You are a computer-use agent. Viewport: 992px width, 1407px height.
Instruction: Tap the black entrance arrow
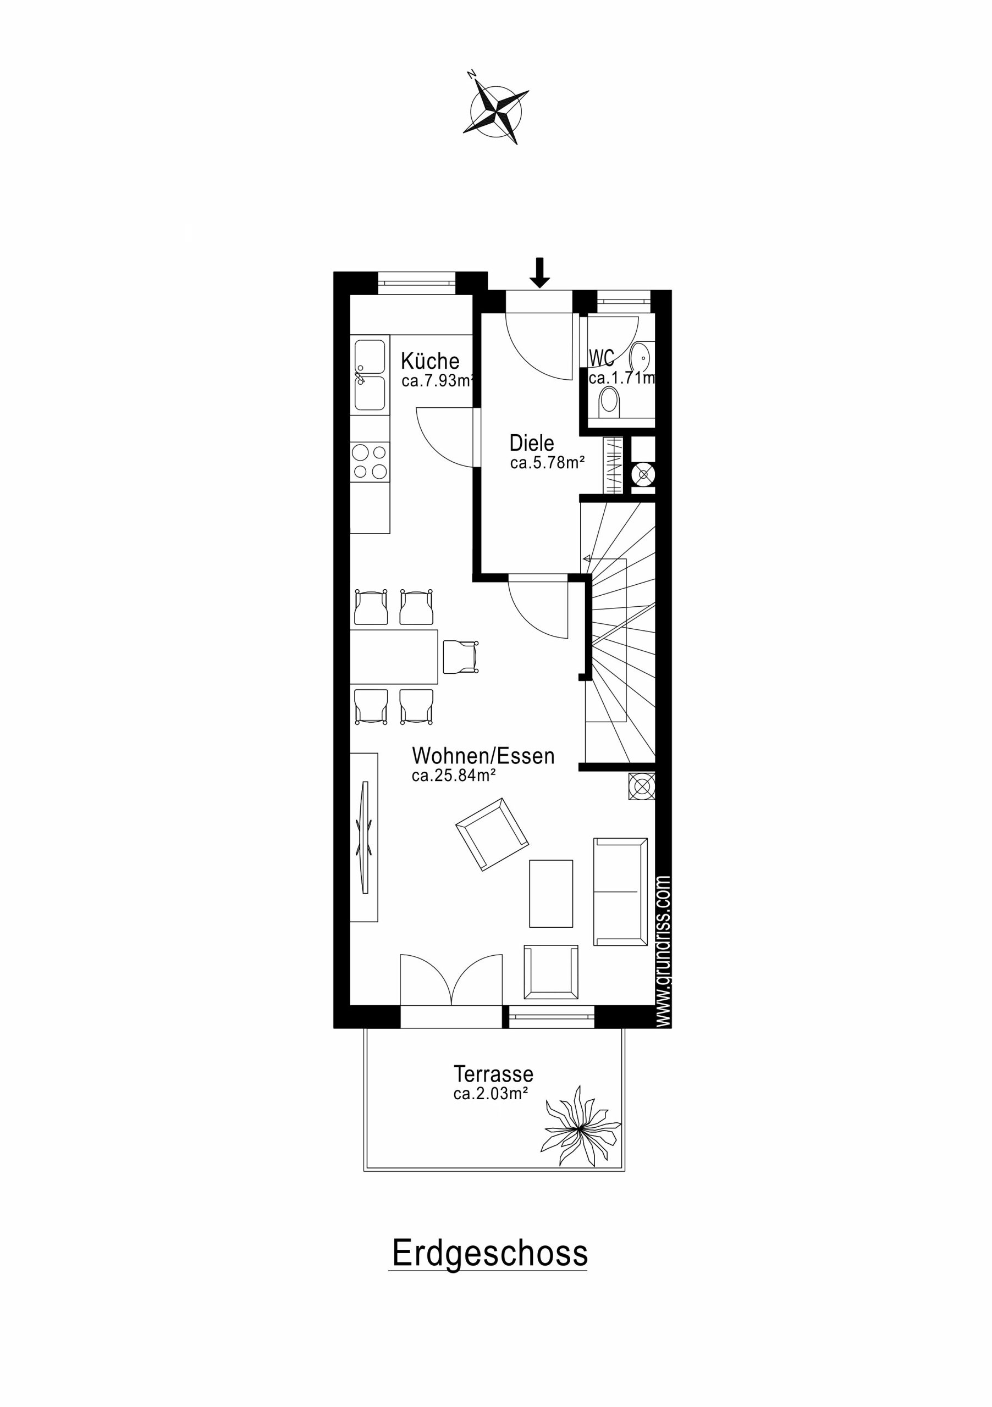tap(539, 273)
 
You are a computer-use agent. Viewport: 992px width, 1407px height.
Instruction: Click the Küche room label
tap(430, 361)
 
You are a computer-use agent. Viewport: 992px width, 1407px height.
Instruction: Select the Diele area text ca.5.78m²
tap(547, 463)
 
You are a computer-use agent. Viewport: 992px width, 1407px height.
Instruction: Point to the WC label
tap(601, 358)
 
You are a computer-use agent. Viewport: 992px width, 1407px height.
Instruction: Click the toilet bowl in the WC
tap(609, 401)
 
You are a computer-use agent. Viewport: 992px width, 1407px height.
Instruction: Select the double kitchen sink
tap(370, 375)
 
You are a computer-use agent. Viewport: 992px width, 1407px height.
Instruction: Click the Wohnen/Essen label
tap(483, 756)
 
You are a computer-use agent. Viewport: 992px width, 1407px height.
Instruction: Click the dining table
tap(394, 656)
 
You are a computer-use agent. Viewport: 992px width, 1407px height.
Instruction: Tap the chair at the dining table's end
tap(460, 657)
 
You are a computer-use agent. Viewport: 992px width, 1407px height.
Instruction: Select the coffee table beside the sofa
tap(551, 894)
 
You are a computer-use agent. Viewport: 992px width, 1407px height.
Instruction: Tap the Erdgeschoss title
tap(490, 1253)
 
